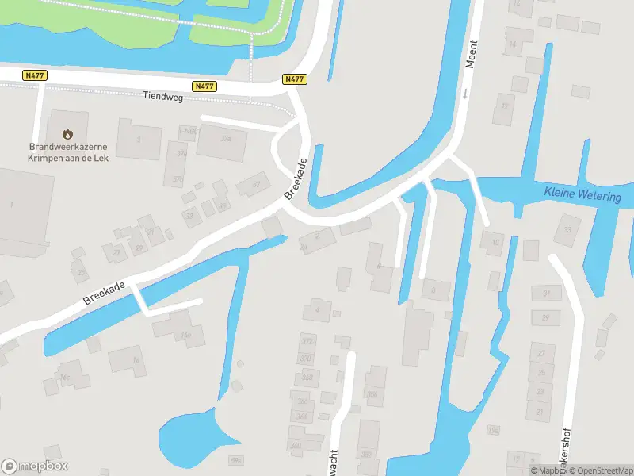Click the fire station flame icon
[67, 133]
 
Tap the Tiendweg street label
[162, 96]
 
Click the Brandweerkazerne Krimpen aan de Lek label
[68, 152]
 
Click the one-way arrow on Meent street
[464, 94]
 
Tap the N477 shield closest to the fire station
[35, 75]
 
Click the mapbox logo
[35, 466]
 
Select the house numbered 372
[306, 342]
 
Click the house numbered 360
[296, 445]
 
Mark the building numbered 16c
[65, 376]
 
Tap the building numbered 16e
[185, 335]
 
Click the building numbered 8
[433, 290]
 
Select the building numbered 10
[495, 240]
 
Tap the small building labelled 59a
[235, 459]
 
